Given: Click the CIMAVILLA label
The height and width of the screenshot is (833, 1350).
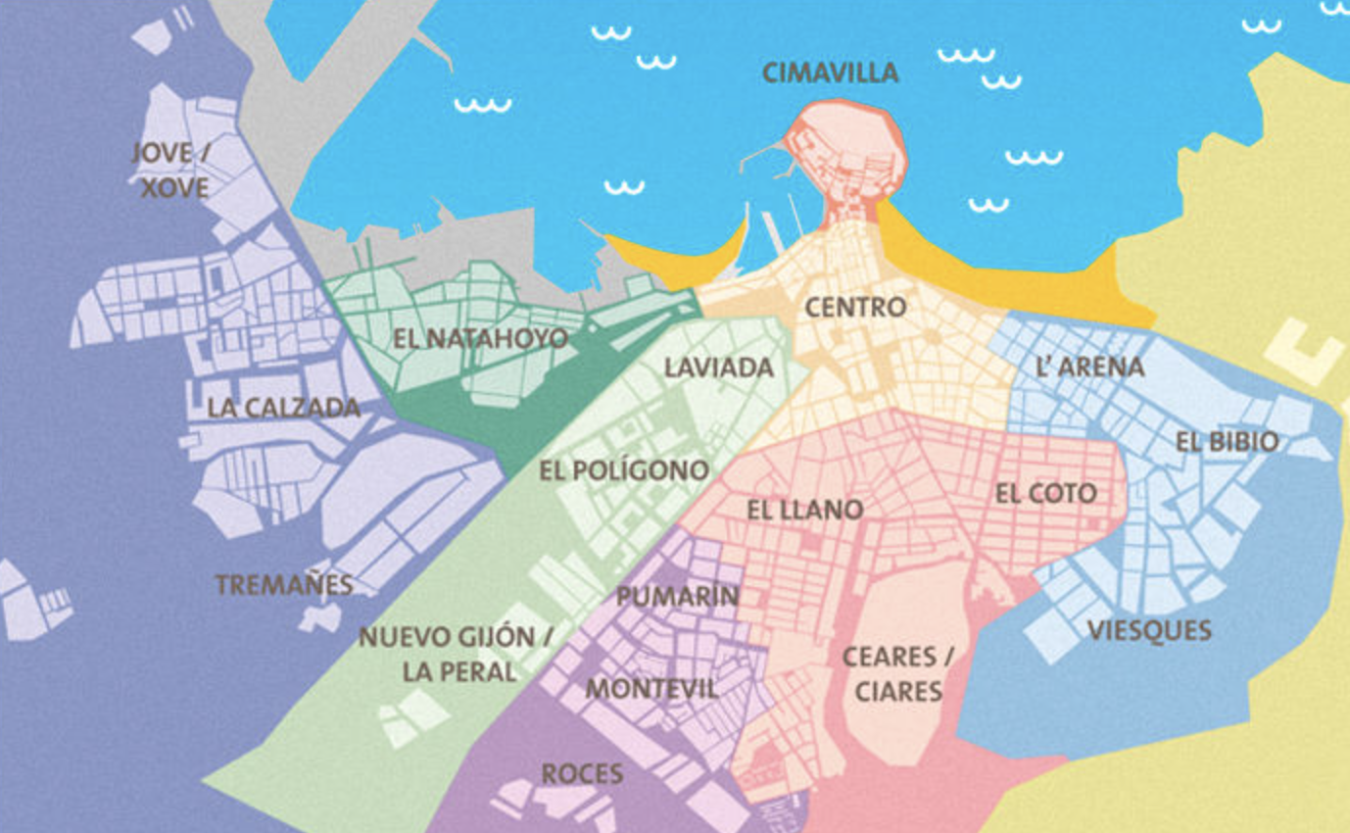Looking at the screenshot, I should pos(830,73).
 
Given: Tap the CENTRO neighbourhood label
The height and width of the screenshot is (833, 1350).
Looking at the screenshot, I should pos(854,308).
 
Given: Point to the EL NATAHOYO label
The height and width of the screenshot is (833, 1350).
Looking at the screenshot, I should pos(480,339).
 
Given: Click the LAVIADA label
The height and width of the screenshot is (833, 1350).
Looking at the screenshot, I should pos(719,368).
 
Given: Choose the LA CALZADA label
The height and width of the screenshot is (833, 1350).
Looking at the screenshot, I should pos(284,408).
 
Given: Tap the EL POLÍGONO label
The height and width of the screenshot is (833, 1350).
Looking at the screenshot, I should pos(624,470).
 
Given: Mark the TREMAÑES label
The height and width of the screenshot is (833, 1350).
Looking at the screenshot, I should pos(284,585).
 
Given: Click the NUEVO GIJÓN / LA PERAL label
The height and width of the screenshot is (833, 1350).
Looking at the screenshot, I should pos(458,655).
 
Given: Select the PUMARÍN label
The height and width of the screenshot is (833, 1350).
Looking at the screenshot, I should pos(677,596).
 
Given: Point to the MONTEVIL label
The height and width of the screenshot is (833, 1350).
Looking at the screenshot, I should pos(651,688).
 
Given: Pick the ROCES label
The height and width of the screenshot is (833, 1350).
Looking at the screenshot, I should pos(582,774).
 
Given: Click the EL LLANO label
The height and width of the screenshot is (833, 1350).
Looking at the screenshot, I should pos(804,510).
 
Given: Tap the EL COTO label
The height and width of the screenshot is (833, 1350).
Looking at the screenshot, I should pos(1045,494).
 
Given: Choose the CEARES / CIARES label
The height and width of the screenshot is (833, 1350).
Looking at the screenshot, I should pos(897,673).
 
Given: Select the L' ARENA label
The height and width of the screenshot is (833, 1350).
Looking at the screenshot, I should pos(1089,367).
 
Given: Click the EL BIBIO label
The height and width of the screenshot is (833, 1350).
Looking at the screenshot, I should pos(1227,442).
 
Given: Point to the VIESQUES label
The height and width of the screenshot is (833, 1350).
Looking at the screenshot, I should pos(1149,630).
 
